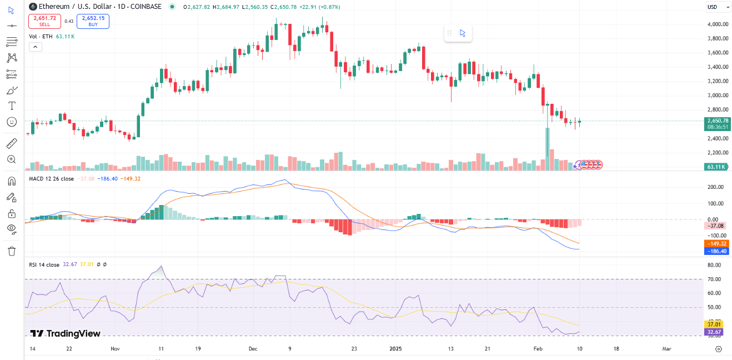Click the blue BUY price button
[x=93, y=21]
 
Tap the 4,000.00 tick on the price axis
[x=718, y=24]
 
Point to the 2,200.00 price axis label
[x=718, y=153]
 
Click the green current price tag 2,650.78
[x=717, y=121]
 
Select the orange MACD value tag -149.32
[x=716, y=244]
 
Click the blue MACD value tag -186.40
[x=716, y=252]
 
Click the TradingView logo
[x=65, y=333]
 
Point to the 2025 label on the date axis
[x=395, y=349]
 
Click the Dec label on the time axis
[x=253, y=349]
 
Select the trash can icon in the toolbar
[x=12, y=251]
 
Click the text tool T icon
[x=12, y=106]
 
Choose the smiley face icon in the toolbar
[x=12, y=122]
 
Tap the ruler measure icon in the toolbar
[x=12, y=144]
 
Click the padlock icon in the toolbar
[x=12, y=213]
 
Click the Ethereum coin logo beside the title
[x=33, y=7]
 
